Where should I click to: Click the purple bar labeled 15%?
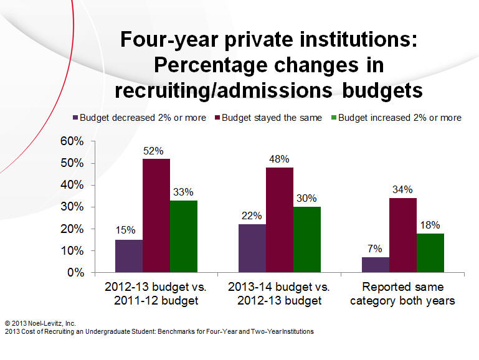tap(129, 256)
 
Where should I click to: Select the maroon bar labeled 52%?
tap(156, 216)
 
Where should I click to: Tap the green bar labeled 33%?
tap(184, 236)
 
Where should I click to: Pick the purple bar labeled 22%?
tap(252, 248)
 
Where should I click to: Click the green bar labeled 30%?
tap(307, 239)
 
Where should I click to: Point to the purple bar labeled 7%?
tap(376, 265)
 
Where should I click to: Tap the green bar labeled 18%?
tap(430, 253)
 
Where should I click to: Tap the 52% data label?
tap(154, 151)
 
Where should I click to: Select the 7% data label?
tap(376, 249)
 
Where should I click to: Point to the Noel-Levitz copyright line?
tap(40, 323)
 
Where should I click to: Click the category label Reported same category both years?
tap(403, 294)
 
